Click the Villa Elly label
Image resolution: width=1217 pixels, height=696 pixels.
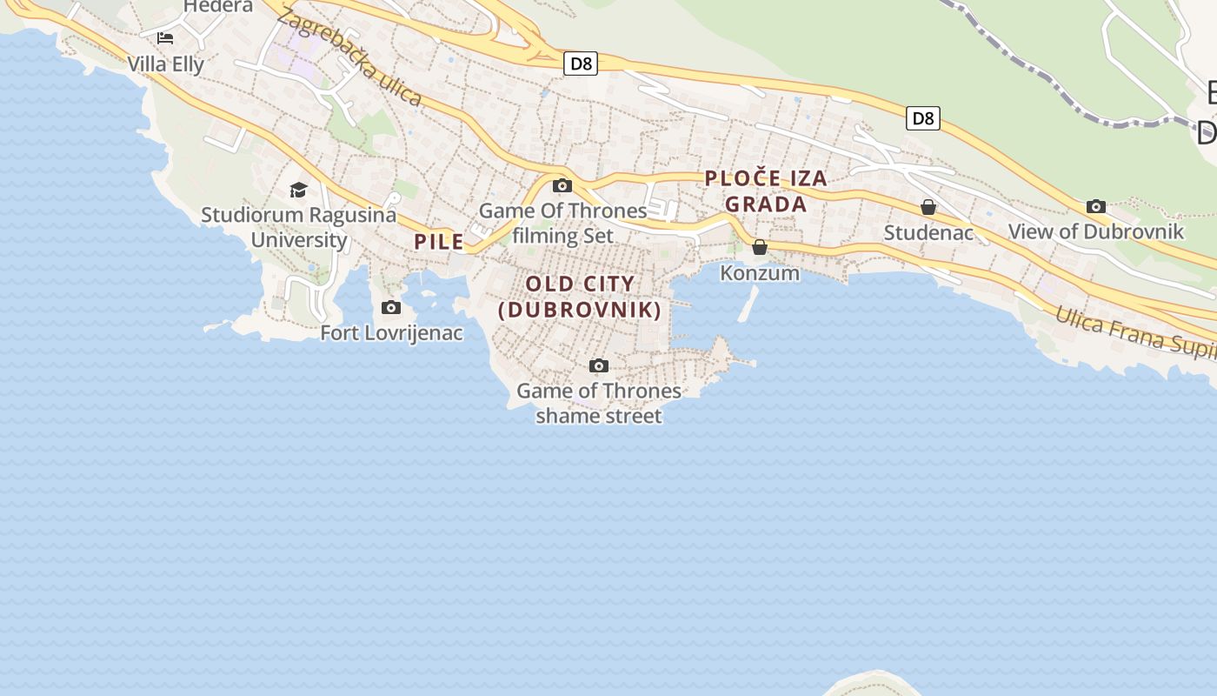(x=165, y=64)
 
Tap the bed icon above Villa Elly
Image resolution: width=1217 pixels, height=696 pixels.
(x=165, y=38)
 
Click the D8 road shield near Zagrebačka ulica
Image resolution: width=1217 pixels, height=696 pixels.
(x=581, y=64)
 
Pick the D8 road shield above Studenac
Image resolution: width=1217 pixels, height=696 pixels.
(x=922, y=118)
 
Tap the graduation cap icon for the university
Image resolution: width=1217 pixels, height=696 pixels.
(x=299, y=190)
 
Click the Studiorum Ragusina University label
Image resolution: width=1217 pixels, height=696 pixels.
(x=299, y=227)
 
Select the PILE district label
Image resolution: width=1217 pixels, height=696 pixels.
(x=439, y=242)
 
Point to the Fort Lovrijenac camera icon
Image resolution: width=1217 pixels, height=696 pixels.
(x=391, y=307)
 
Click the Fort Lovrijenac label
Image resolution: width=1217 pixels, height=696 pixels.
(x=391, y=332)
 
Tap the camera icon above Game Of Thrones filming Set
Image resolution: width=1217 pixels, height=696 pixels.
(x=562, y=185)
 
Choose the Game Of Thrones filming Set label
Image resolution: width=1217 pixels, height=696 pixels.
(x=563, y=223)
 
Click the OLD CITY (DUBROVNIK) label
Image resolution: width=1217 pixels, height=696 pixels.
(x=580, y=297)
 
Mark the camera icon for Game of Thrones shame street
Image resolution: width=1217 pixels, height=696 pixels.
(x=598, y=365)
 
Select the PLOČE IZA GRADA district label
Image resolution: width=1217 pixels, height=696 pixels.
(x=766, y=191)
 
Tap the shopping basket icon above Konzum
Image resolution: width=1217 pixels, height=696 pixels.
(x=760, y=247)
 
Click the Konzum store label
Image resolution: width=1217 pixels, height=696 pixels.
(x=760, y=272)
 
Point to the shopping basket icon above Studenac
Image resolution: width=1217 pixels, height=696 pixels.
(x=928, y=207)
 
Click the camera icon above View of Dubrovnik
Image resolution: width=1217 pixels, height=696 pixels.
(x=1095, y=206)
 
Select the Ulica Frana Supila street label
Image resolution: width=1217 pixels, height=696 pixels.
(x=1134, y=332)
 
